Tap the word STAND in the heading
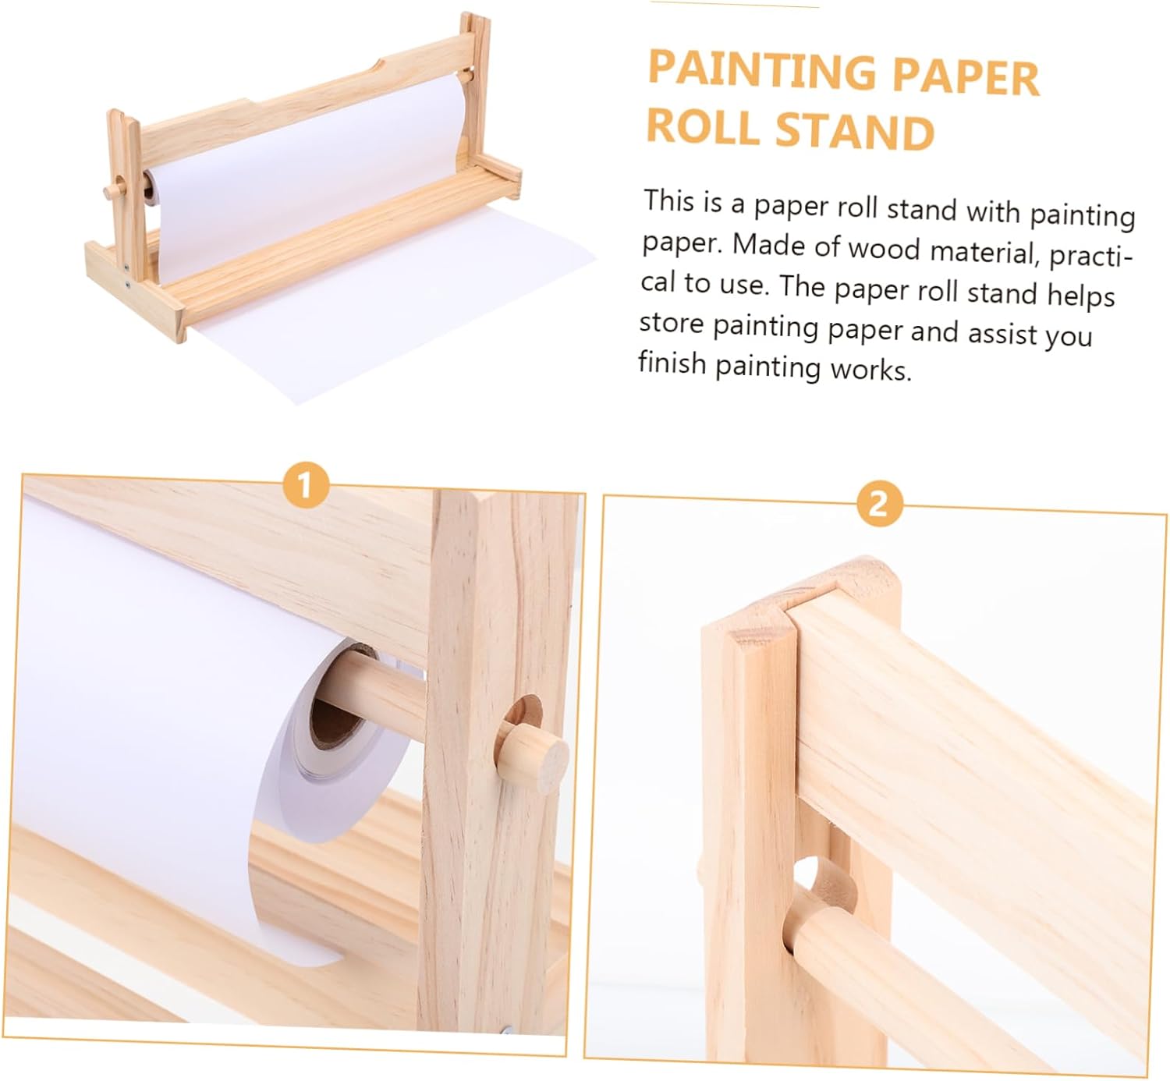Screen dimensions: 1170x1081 (x=855, y=130)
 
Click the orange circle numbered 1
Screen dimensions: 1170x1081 (x=305, y=485)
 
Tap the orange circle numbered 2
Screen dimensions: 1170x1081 (x=879, y=505)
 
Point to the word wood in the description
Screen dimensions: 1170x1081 (x=884, y=248)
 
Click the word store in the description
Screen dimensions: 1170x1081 (x=672, y=322)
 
